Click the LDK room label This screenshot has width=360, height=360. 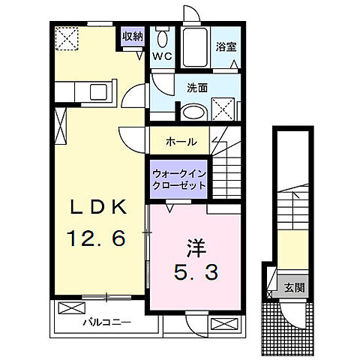coord(97,208)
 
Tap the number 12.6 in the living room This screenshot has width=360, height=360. coord(97,238)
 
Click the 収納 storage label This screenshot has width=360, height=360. coord(133,36)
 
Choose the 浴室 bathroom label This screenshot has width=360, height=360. coord(226,46)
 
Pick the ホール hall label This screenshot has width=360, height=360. coord(181,141)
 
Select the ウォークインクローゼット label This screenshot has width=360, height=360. coord(178,179)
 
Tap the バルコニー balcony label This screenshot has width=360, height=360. coord(106,322)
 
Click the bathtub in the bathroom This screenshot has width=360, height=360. coord(193,49)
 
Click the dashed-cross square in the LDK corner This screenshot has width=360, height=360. coord(68,37)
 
